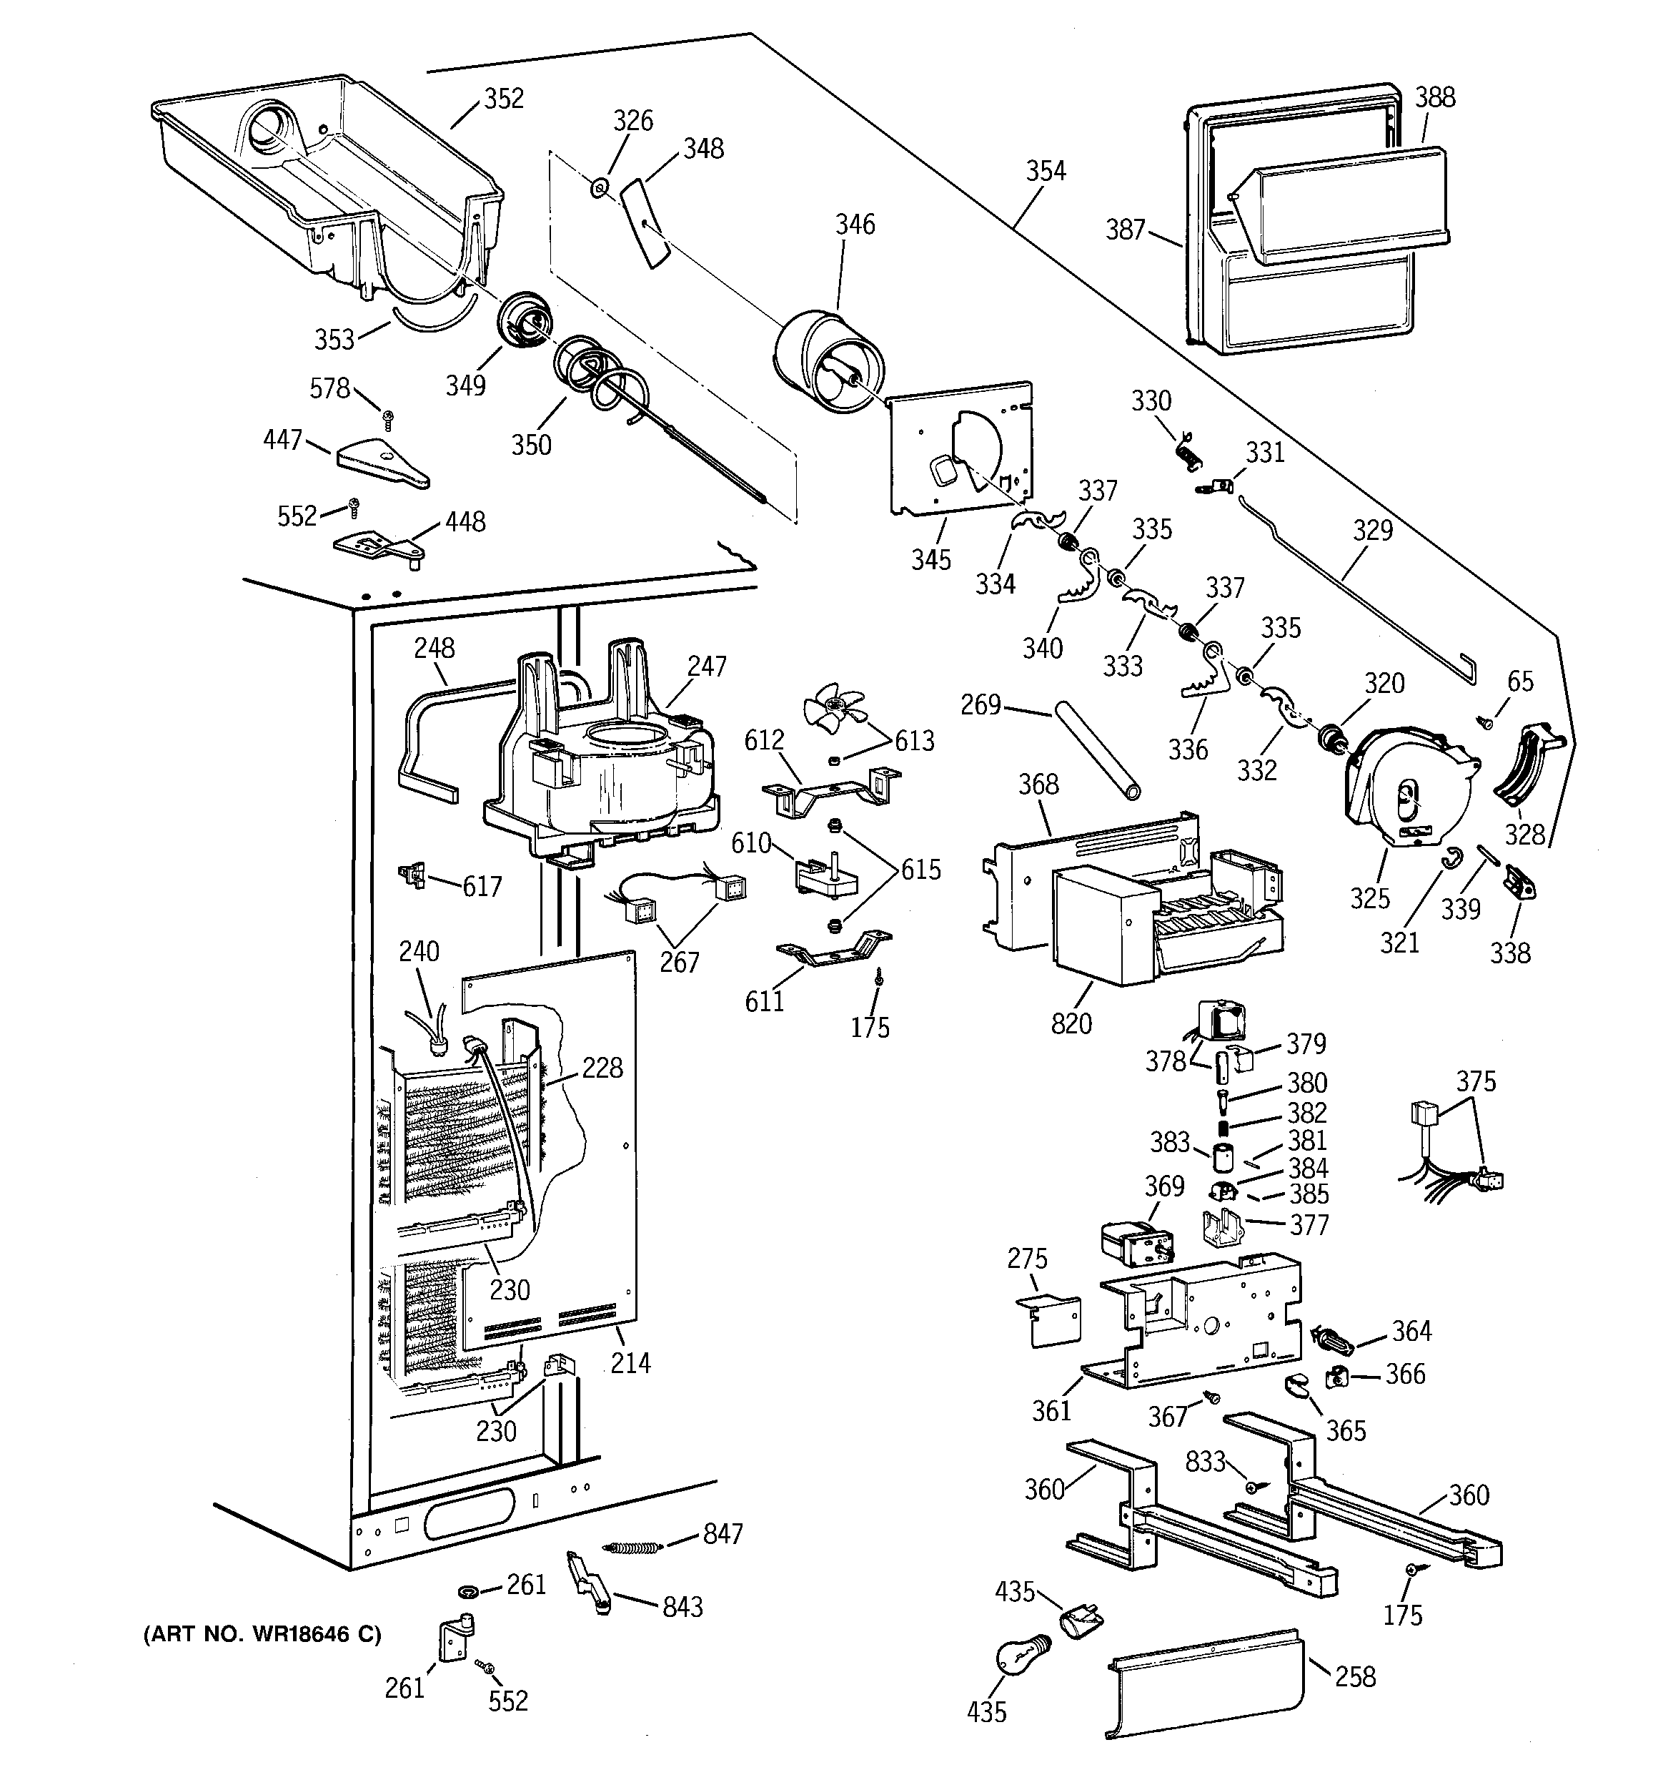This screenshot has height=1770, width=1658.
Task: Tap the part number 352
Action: click(504, 99)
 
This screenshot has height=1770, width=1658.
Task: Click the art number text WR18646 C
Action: click(262, 1635)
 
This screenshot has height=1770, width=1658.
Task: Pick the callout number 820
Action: click(1071, 1024)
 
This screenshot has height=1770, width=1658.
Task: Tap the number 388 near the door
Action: click(1434, 98)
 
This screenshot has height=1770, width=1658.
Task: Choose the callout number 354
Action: click(1045, 171)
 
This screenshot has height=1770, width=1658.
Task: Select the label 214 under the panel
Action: click(630, 1363)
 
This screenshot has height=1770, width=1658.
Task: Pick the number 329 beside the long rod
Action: click(1372, 531)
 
